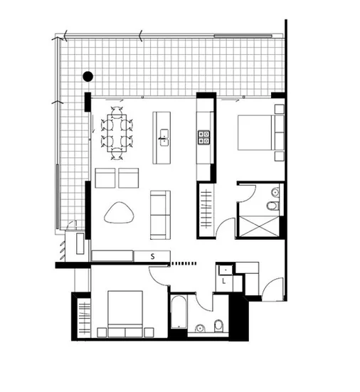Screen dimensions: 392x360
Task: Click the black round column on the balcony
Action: pos(87,76)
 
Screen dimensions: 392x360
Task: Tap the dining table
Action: pos(118,132)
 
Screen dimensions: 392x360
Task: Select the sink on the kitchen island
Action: pos(164,135)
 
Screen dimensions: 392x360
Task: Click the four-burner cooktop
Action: pos(204,136)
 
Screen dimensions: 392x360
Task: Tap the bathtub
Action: pos(179,312)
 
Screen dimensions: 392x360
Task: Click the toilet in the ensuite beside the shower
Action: pos(270,207)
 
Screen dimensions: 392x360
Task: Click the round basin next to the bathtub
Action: pos(200,328)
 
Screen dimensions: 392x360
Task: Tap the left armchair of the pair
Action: pos(105,178)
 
